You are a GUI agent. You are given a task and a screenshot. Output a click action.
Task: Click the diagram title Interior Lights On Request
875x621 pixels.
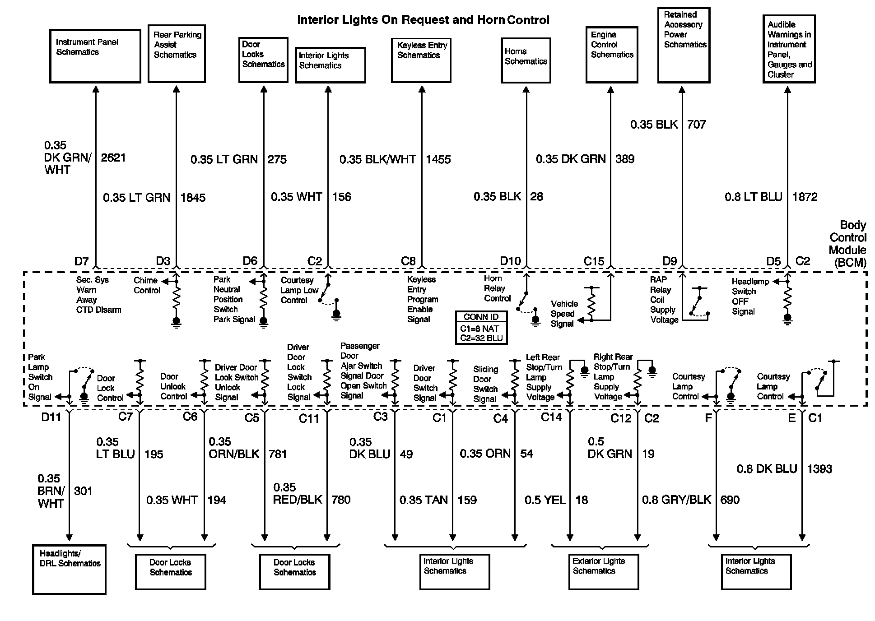tap(423, 20)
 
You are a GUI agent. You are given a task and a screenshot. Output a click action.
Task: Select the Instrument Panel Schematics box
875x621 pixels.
tap(95, 56)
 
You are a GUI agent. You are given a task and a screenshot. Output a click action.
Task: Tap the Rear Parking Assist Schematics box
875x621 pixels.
tap(177, 54)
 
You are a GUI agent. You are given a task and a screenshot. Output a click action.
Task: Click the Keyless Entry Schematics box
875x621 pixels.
tap(421, 60)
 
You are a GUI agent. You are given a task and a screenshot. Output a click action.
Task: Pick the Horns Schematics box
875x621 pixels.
tap(526, 60)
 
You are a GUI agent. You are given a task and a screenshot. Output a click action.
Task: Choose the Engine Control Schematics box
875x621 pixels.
tap(612, 55)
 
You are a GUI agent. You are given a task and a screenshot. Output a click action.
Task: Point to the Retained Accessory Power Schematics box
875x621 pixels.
tap(684, 45)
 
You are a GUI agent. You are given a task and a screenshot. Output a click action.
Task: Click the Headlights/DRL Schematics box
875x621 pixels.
tap(70, 570)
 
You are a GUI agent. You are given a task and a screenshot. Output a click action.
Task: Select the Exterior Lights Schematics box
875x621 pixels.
tap(604, 571)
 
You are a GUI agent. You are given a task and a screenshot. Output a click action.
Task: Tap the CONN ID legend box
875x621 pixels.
tap(481, 328)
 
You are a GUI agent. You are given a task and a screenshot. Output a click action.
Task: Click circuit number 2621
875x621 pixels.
tap(113, 158)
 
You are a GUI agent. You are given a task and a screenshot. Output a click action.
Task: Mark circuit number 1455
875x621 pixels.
tap(438, 159)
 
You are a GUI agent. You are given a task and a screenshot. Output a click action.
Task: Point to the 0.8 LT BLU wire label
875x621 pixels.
tap(753, 197)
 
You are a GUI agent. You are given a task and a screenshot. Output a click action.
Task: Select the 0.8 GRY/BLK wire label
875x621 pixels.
tap(676, 500)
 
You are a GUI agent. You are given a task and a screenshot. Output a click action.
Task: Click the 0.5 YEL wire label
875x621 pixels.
tap(545, 500)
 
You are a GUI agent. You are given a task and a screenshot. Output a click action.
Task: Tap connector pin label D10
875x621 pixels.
tap(510, 261)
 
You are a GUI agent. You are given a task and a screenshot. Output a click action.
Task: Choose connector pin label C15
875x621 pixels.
tap(593, 261)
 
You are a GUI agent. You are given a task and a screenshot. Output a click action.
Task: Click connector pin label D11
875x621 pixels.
tap(51, 417)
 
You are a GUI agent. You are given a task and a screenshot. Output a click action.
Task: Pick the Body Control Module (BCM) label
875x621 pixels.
tap(847, 244)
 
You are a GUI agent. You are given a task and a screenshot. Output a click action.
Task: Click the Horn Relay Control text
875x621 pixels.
tap(497, 288)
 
